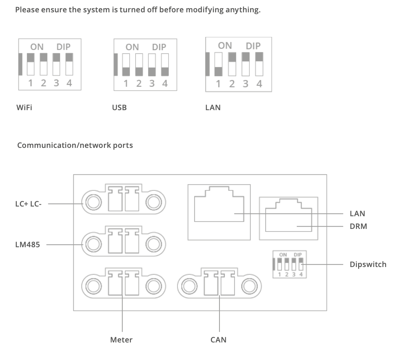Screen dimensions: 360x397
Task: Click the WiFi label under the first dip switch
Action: tap(24, 108)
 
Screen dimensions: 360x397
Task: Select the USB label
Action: tap(119, 108)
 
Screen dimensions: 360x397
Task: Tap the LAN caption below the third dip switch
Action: tap(213, 108)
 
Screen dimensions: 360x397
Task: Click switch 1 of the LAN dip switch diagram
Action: tap(219, 64)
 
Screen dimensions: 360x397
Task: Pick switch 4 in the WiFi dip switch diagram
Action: tap(69, 64)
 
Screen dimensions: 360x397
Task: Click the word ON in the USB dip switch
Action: tap(132, 47)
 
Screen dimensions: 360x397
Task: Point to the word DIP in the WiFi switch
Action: tap(63, 47)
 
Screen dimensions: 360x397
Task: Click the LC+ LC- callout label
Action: tap(28, 204)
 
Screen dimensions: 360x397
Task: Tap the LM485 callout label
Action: tap(28, 245)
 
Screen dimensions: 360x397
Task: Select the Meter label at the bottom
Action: tap(121, 340)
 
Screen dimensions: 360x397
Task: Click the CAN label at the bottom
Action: tap(218, 340)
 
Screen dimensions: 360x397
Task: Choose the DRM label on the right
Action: tap(358, 226)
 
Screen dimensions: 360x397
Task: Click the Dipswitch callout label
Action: tap(368, 264)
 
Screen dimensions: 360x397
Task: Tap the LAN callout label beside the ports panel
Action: tap(357, 214)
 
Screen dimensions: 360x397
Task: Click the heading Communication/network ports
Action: tap(75, 145)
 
